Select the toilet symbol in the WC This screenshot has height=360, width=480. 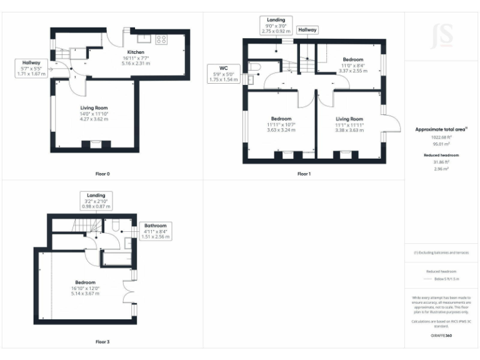[x=254, y=66]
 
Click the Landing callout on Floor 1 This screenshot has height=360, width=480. [x=276, y=25]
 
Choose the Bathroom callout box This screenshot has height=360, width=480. [x=155, y=231]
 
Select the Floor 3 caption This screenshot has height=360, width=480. [x=102, y=342]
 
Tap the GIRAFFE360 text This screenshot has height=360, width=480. [x=442, y=335]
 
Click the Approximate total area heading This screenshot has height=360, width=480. [x=441, y=129]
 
